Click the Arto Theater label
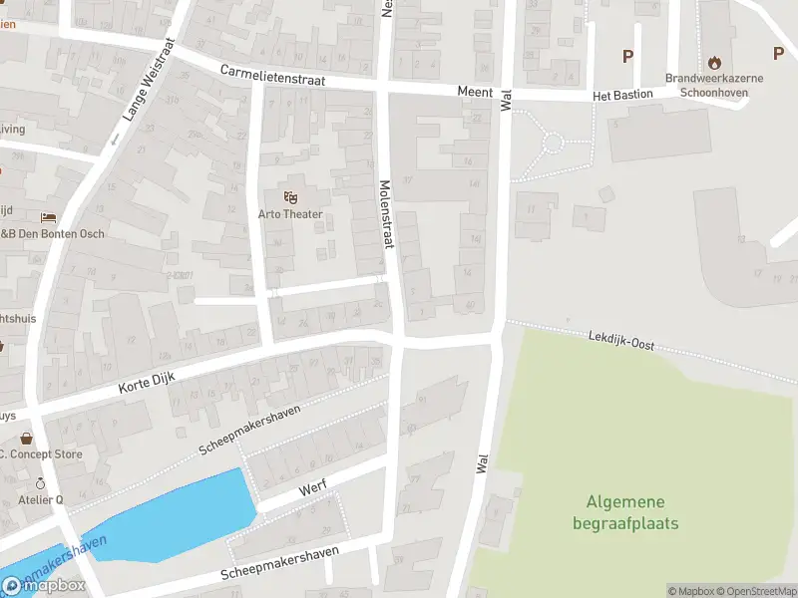click(x=290, y=214)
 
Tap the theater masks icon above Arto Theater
click(x=290, y=197)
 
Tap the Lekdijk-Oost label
click(x=621, y=341)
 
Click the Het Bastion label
click(x=622, y=95)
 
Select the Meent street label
click(x=475, y=92)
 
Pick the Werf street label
click(x=313, y=492)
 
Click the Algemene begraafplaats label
click(x=625, y=512)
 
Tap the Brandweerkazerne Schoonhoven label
click(x=714, y=85)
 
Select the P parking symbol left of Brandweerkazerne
click(x=627, y=56)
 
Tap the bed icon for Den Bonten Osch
click(x=48, y=217)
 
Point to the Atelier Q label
click(x=41, y=499)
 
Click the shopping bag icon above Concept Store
click(x=26, y=438)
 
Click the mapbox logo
click(x=45, y=585)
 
